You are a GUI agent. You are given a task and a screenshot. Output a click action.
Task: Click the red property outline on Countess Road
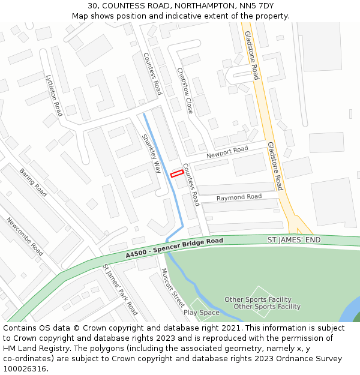pos(176,174)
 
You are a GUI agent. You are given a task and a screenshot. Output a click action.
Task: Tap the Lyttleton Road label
pos(54,95)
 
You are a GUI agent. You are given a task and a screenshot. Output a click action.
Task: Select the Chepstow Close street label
pos(185,90)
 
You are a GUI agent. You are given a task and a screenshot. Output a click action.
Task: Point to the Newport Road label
pos(227,153)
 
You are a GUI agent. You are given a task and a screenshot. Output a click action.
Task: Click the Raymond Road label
pos(239,197)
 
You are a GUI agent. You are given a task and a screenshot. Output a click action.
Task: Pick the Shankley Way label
pos(151,154)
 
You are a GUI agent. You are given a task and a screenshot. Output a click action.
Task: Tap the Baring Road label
pos(33,182)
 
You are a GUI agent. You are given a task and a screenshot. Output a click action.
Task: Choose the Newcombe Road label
pos(25,236)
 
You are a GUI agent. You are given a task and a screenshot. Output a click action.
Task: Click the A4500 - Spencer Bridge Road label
pos(174,248)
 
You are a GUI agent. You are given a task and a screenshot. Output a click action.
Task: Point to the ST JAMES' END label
pos(294,240)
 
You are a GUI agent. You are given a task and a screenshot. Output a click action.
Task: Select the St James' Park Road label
pos(120,289)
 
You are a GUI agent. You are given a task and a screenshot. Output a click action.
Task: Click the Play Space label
pos(202,313)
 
